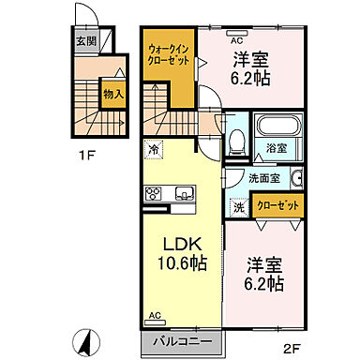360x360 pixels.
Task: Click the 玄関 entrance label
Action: pyautogui.click(x=85, y=42)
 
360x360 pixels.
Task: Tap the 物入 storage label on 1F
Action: pyautogui.click(x=112, y=95)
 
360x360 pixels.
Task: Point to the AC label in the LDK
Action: pyautogui.click(x=154, y=317)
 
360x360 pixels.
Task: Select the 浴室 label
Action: pyautogui.click(x=276, y=149)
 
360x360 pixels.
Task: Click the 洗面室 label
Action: pyautogui.click(x=262, y=178)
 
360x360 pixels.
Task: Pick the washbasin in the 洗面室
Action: pyautogui.click(x=295, y=179)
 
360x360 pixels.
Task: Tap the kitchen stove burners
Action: pyautogui.click(x=154, y=194)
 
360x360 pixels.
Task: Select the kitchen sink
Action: pyautogui.click(x=182, y=194)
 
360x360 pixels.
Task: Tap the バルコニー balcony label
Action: pyautogui.click(x=184, y=343)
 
